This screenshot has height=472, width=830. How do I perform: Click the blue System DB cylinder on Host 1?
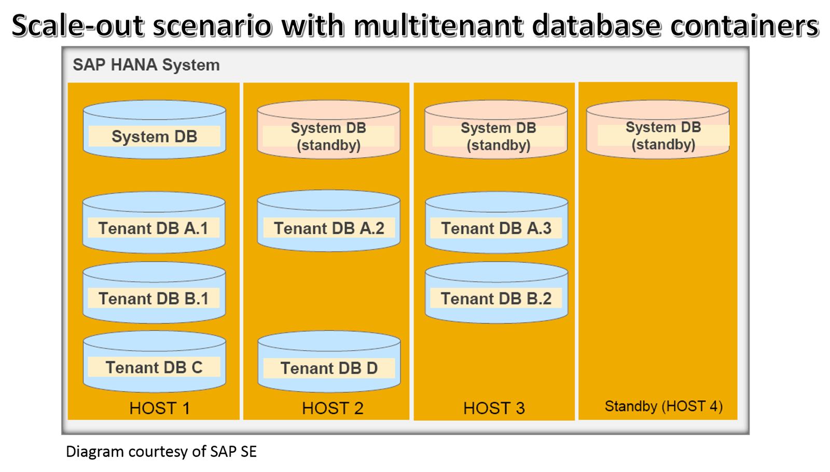[x=155, y=130]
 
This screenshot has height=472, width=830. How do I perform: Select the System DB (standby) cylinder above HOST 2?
[x=329, y=130]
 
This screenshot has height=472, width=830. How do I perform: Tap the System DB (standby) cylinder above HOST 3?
[x=496, y=130]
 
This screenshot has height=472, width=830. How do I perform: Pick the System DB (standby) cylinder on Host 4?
[x=658, y=130]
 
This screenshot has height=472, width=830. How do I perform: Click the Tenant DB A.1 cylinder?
[x=154, y=223]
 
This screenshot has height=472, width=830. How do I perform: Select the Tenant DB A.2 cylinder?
[x=329, y=221]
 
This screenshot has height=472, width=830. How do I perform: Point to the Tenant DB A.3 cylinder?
[x=496, y=223]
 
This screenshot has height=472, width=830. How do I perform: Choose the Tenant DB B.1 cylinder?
[x=154, y=293]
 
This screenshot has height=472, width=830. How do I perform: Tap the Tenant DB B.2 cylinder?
[x=496, y=293]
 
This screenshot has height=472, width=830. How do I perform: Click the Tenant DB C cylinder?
[x=155, y=362]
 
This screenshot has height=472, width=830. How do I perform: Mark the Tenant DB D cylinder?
[x=329, y=362]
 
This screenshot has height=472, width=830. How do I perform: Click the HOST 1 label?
[x=160, y=408]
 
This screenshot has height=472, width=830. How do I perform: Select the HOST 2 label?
[x=333, y=408]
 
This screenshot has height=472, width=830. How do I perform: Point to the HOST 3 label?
[x=494, y=408]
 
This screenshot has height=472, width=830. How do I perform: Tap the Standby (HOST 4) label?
[x=663, y=407]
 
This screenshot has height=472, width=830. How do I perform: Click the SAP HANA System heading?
[x=146, y=65]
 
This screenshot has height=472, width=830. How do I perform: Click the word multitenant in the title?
[x=439, y=26]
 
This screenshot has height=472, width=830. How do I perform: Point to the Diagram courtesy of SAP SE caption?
[x=161, y=452]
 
